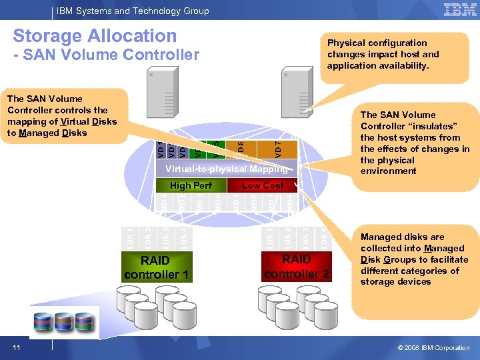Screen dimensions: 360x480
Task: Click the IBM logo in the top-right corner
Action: pos(460,10)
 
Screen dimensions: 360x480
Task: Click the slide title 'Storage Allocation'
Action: pos(95,36)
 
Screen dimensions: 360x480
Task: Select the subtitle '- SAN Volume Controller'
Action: pos(106,55)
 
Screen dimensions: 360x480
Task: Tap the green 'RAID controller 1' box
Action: pos(157,267)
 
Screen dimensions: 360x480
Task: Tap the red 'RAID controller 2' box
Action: pos(296,266)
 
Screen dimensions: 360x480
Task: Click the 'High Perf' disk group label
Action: pos(191,185)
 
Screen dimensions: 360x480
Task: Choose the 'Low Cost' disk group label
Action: pos(262,185)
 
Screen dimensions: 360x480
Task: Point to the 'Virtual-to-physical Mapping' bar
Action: pos(227,169)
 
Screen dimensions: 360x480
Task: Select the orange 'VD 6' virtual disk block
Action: pos(241,145)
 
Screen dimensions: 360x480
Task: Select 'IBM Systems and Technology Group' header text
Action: pos(133,11)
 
